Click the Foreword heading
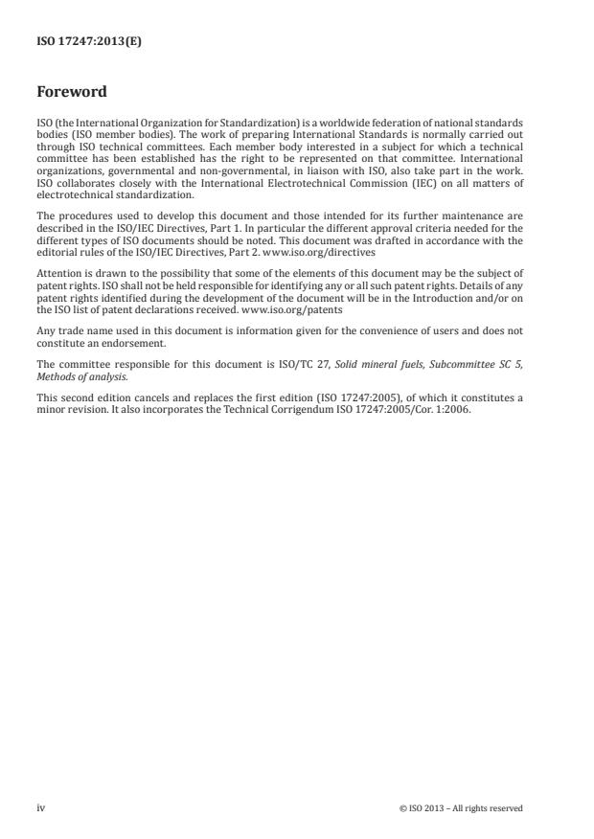[x=71, y=93]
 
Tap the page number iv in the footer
[x=41, y=807]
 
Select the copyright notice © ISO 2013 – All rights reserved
[x=461, y=808]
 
